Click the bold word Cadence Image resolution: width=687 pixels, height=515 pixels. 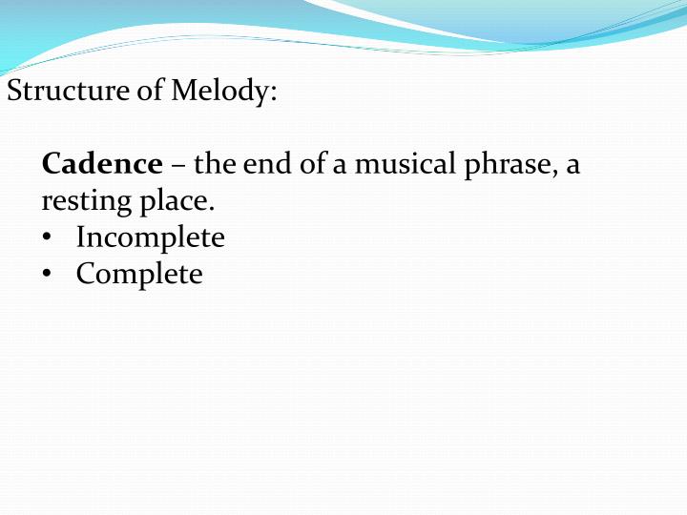[102, 164]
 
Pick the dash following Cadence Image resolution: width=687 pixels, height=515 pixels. [178, 166]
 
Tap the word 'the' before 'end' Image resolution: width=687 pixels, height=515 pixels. [215, 164]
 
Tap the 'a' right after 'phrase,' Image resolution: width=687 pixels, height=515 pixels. [572, 166]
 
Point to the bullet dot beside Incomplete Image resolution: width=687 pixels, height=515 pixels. [48, 238]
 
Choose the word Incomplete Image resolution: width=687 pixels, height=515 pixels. [151, 237]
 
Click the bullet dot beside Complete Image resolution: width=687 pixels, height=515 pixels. [48, 275]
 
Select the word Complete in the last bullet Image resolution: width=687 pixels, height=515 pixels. [139, 275]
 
